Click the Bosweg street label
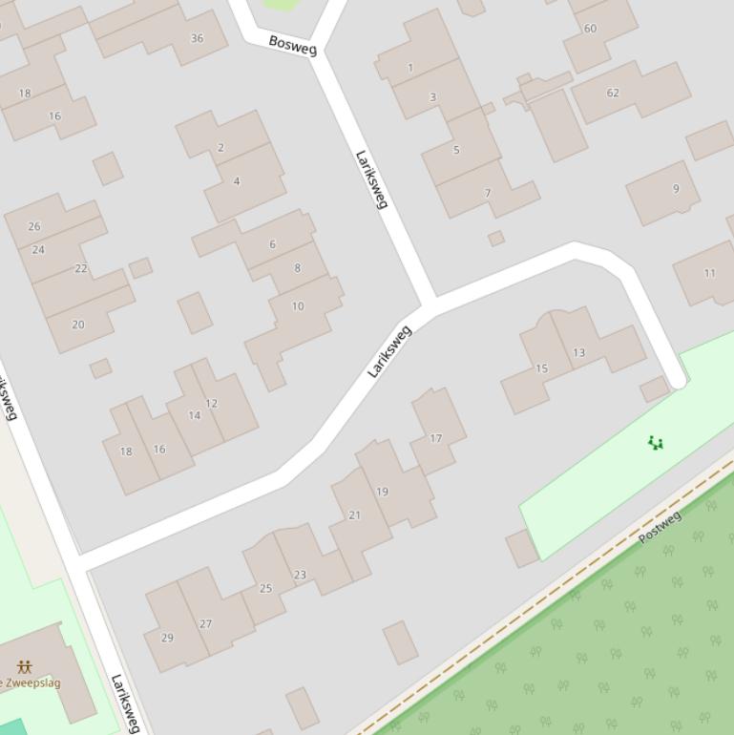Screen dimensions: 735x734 pyautogui.click(x=292, y=45)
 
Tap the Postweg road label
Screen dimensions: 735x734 pyautogui.click(x=660, y=527)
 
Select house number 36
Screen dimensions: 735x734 pyautogui.click(x=197, y=38)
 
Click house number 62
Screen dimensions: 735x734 pyautogui.click(x=613, y=93)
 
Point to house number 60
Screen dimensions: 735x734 pyautogui.click(x=590, y=29)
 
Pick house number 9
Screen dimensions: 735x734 pyautogui.click(x=676, y=188)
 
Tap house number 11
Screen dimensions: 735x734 pyautogui.click(x=709, y=273)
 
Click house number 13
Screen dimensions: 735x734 pyautogui.click(x=578, y=352)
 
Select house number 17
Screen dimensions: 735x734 pyautogui.click(x=436, y=438)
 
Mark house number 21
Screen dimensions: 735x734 pyautogui.click(x=354, y=514)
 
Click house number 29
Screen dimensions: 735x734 pyautogui.click(x=168, y=637)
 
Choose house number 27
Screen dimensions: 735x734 pyautogui.click(x=205, y=623)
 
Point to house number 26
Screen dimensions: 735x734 pyautogui.click(x=34, y=226)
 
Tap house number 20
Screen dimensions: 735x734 pyautogui.click(x=78, y=324)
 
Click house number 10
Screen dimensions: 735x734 pyautogui.click(x=298, y=305)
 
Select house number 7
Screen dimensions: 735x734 pyautogui.click(x=488, y=193)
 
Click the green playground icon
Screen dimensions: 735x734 pyautogui.click(x=655, y=443)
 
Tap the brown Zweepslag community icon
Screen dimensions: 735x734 pyautogui.click(x=24, y=666)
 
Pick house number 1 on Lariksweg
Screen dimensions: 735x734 pyautogui.click(x=410, y=68)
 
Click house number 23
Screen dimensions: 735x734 pyautogui.click(x=300, y=575)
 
